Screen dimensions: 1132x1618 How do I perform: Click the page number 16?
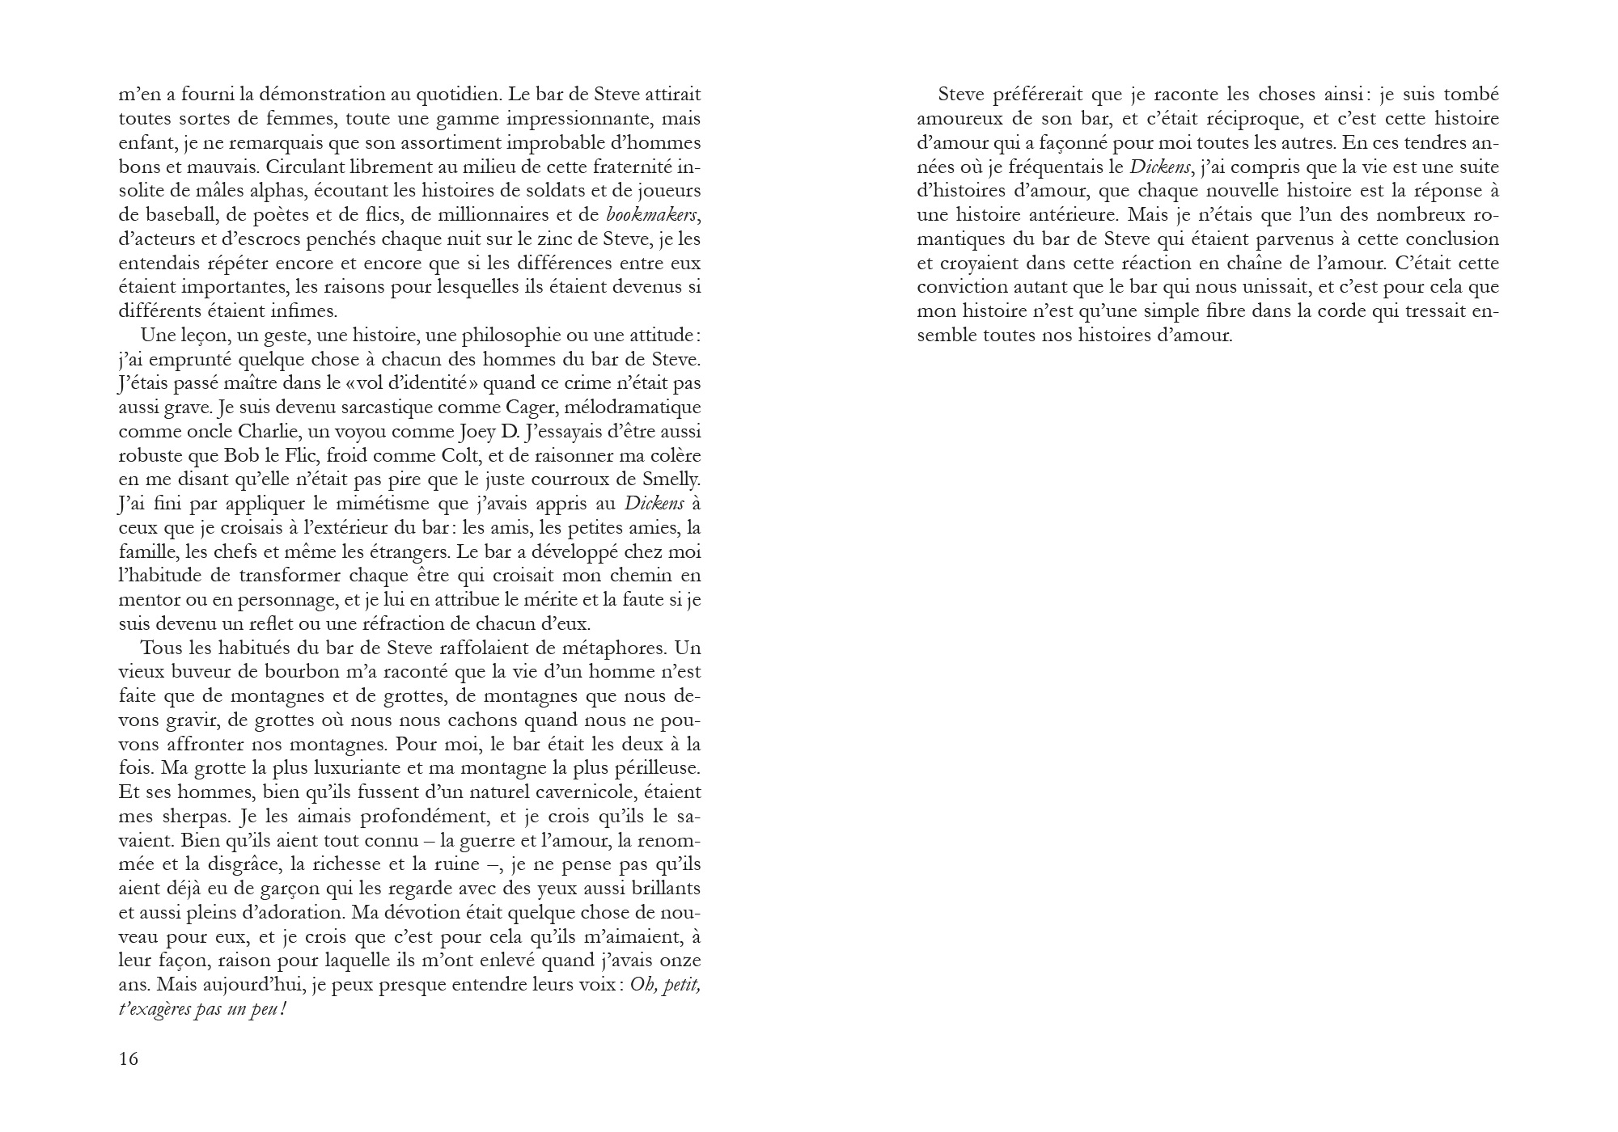point(129,1059)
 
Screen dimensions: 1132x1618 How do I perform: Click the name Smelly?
point(671,479)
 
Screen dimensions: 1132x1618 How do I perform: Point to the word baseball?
point(160,215)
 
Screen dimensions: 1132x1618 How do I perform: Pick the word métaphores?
point(612,648)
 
